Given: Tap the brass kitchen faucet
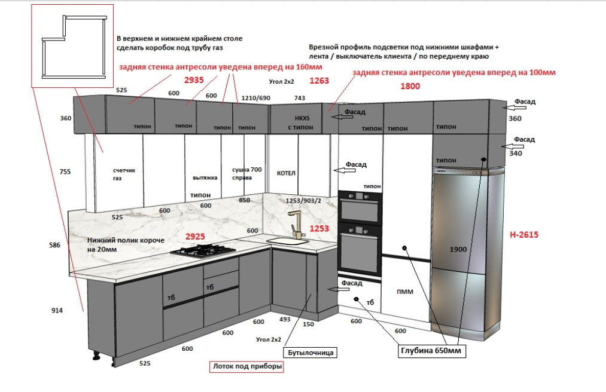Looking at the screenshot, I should [295, 224].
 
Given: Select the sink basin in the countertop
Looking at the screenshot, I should [287, 241].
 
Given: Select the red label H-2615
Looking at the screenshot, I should [524, 235].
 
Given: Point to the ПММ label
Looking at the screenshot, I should [405, 292].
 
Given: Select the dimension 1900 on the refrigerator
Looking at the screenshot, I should [458, 249].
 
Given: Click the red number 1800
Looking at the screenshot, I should [410, 86].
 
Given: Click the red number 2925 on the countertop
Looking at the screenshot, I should [196, 237].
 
